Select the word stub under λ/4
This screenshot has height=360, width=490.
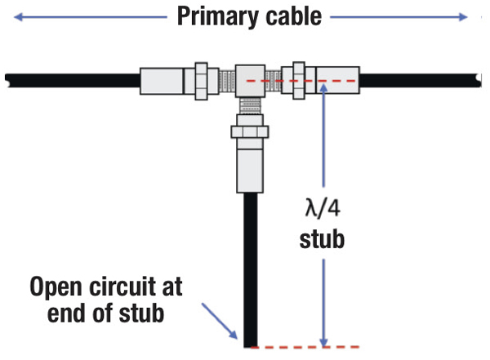(x=325, y=242)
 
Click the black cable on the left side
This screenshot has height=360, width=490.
(x=73, y=81)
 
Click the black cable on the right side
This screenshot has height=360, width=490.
(x=416, y=81)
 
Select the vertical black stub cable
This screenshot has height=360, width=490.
(x=247, y=269)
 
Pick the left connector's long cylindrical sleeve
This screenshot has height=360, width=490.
(x=163, y=81)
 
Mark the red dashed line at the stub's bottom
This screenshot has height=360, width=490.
(x=302, y=347)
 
